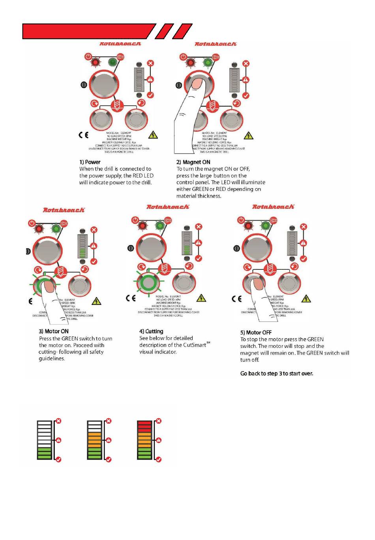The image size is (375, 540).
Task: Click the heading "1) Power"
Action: tap(90, 162)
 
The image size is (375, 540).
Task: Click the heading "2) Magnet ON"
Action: tap(193, 162)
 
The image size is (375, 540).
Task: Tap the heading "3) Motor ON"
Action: tap(53, 332)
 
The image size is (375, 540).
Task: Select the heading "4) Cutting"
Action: tap(151, 331)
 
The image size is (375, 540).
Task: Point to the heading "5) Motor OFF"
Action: tap(256, 333)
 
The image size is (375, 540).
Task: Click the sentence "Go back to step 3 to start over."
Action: tap(276, 374)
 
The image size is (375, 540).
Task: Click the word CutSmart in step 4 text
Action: tap(195, 345)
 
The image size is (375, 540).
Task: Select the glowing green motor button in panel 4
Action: tap(148, 282)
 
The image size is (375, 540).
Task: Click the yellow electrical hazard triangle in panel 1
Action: tap(153, 135)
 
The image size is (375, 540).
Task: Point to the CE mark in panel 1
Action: tap(83, 135)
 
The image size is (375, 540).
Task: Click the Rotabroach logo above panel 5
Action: tap(273, 207)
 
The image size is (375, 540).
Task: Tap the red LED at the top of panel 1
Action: tap(95, 62)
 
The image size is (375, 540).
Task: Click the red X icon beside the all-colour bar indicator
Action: tap(159, 421)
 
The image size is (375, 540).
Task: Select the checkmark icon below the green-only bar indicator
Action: tap(58, 459)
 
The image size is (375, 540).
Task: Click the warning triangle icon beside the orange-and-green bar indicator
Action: tap(109, 440)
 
